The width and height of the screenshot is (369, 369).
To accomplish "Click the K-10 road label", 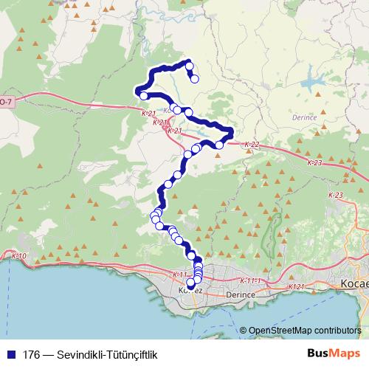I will point(20,256).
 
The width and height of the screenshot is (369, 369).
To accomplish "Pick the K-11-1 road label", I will point(251,281).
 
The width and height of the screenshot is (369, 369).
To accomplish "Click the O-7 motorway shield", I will point(5,100).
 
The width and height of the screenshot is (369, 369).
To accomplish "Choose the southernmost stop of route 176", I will point(190,282).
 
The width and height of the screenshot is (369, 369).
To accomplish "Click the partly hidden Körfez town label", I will point(190,291).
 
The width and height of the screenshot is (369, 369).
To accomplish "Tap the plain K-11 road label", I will point(179,275).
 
